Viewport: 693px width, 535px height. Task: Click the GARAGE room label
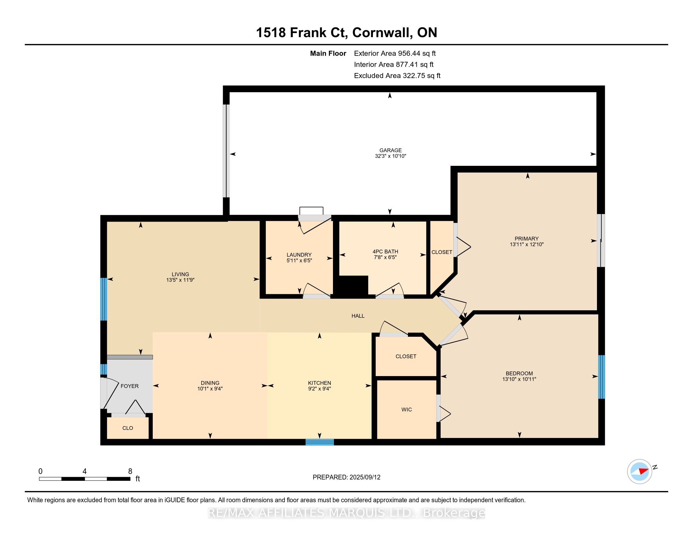(x=390, y=150)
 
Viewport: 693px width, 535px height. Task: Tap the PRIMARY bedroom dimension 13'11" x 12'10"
(x=526, y=244)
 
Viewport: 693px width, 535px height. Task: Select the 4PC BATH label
(x=385, y=252)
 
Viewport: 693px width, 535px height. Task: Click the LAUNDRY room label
(x=299, y=255)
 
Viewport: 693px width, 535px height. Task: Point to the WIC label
(x=406, y=409)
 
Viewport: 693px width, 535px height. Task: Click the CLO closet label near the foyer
(x=128, y=428)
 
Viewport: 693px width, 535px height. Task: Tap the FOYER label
(x=129, y=386)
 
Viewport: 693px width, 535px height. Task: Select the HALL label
(x=358, y=316)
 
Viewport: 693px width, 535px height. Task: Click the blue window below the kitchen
(x=319, y=442)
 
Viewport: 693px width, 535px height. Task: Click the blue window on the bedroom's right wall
(x=601, y=377)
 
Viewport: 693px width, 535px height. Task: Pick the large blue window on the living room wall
(x=103, y=299)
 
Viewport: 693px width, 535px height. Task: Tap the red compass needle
(x=644, y=471)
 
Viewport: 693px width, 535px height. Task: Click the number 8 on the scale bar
(x=130, y=471)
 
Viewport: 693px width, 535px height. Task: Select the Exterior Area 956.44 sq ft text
(x=395, y=53)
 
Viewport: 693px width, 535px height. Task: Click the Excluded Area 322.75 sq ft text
(x=397, y=76)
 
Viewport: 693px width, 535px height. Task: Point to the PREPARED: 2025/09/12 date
(x=346, y=477)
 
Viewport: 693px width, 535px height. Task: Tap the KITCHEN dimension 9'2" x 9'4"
(x=319, y=389)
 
